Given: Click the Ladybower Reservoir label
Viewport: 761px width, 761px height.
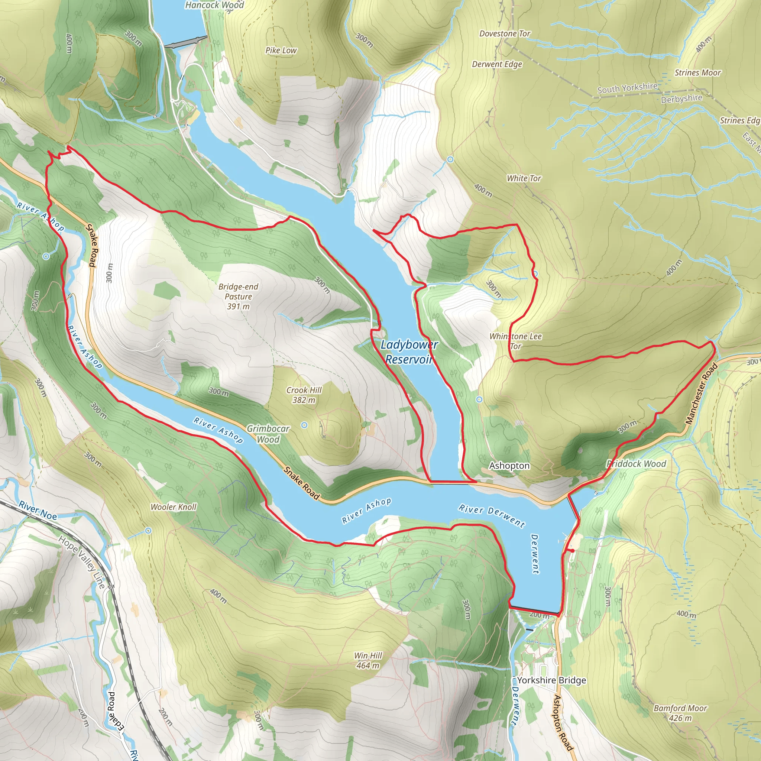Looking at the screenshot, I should [x=409, y=352].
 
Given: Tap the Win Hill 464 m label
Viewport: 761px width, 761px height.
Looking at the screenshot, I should [x=368, y=661].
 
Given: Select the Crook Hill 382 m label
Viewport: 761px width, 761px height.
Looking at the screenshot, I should [x=304, y=395].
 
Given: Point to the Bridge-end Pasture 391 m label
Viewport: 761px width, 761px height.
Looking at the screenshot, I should [x=238, y=296].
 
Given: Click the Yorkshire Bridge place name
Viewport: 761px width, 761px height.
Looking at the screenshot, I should [x=551, y=680].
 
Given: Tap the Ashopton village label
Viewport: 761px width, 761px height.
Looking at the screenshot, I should [x=509, y=466].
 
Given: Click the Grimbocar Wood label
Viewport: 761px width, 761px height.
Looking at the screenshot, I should [x=268, y=434].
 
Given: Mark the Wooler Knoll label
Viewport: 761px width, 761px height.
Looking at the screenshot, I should [x=173, y=507].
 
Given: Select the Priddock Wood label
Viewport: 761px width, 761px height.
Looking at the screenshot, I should [x=636, y=464].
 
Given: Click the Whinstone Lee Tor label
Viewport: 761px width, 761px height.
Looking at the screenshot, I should [x=515, y=341].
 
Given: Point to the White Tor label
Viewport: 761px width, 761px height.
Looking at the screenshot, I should [x=524, y=178].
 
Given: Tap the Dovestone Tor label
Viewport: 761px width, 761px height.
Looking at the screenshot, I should [x=505, y=34].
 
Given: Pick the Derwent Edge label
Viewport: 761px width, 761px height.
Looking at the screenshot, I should [x=497, y=64].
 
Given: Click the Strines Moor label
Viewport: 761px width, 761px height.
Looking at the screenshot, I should [x=697, y=73].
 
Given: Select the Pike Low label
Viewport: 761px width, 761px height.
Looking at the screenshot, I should [x=281, y=51].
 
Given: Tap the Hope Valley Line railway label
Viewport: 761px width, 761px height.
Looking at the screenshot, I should [x=81, y=563].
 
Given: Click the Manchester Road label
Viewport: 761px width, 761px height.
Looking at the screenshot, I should [x=702, y=394].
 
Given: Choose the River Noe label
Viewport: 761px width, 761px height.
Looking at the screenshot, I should [x=38, y=510].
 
